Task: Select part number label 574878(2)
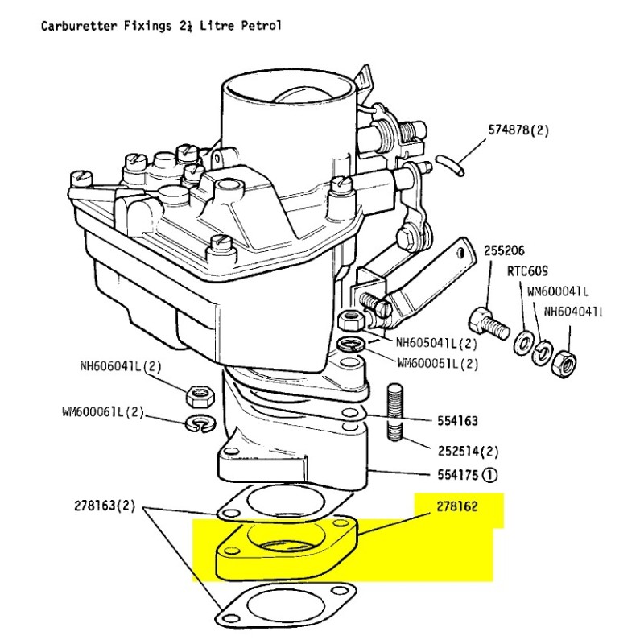click(519, 130)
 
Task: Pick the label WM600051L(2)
click(437, 363)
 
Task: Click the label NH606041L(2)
click(121, 366)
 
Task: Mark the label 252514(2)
click(468, 450)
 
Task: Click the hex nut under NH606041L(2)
click(198, 394)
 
